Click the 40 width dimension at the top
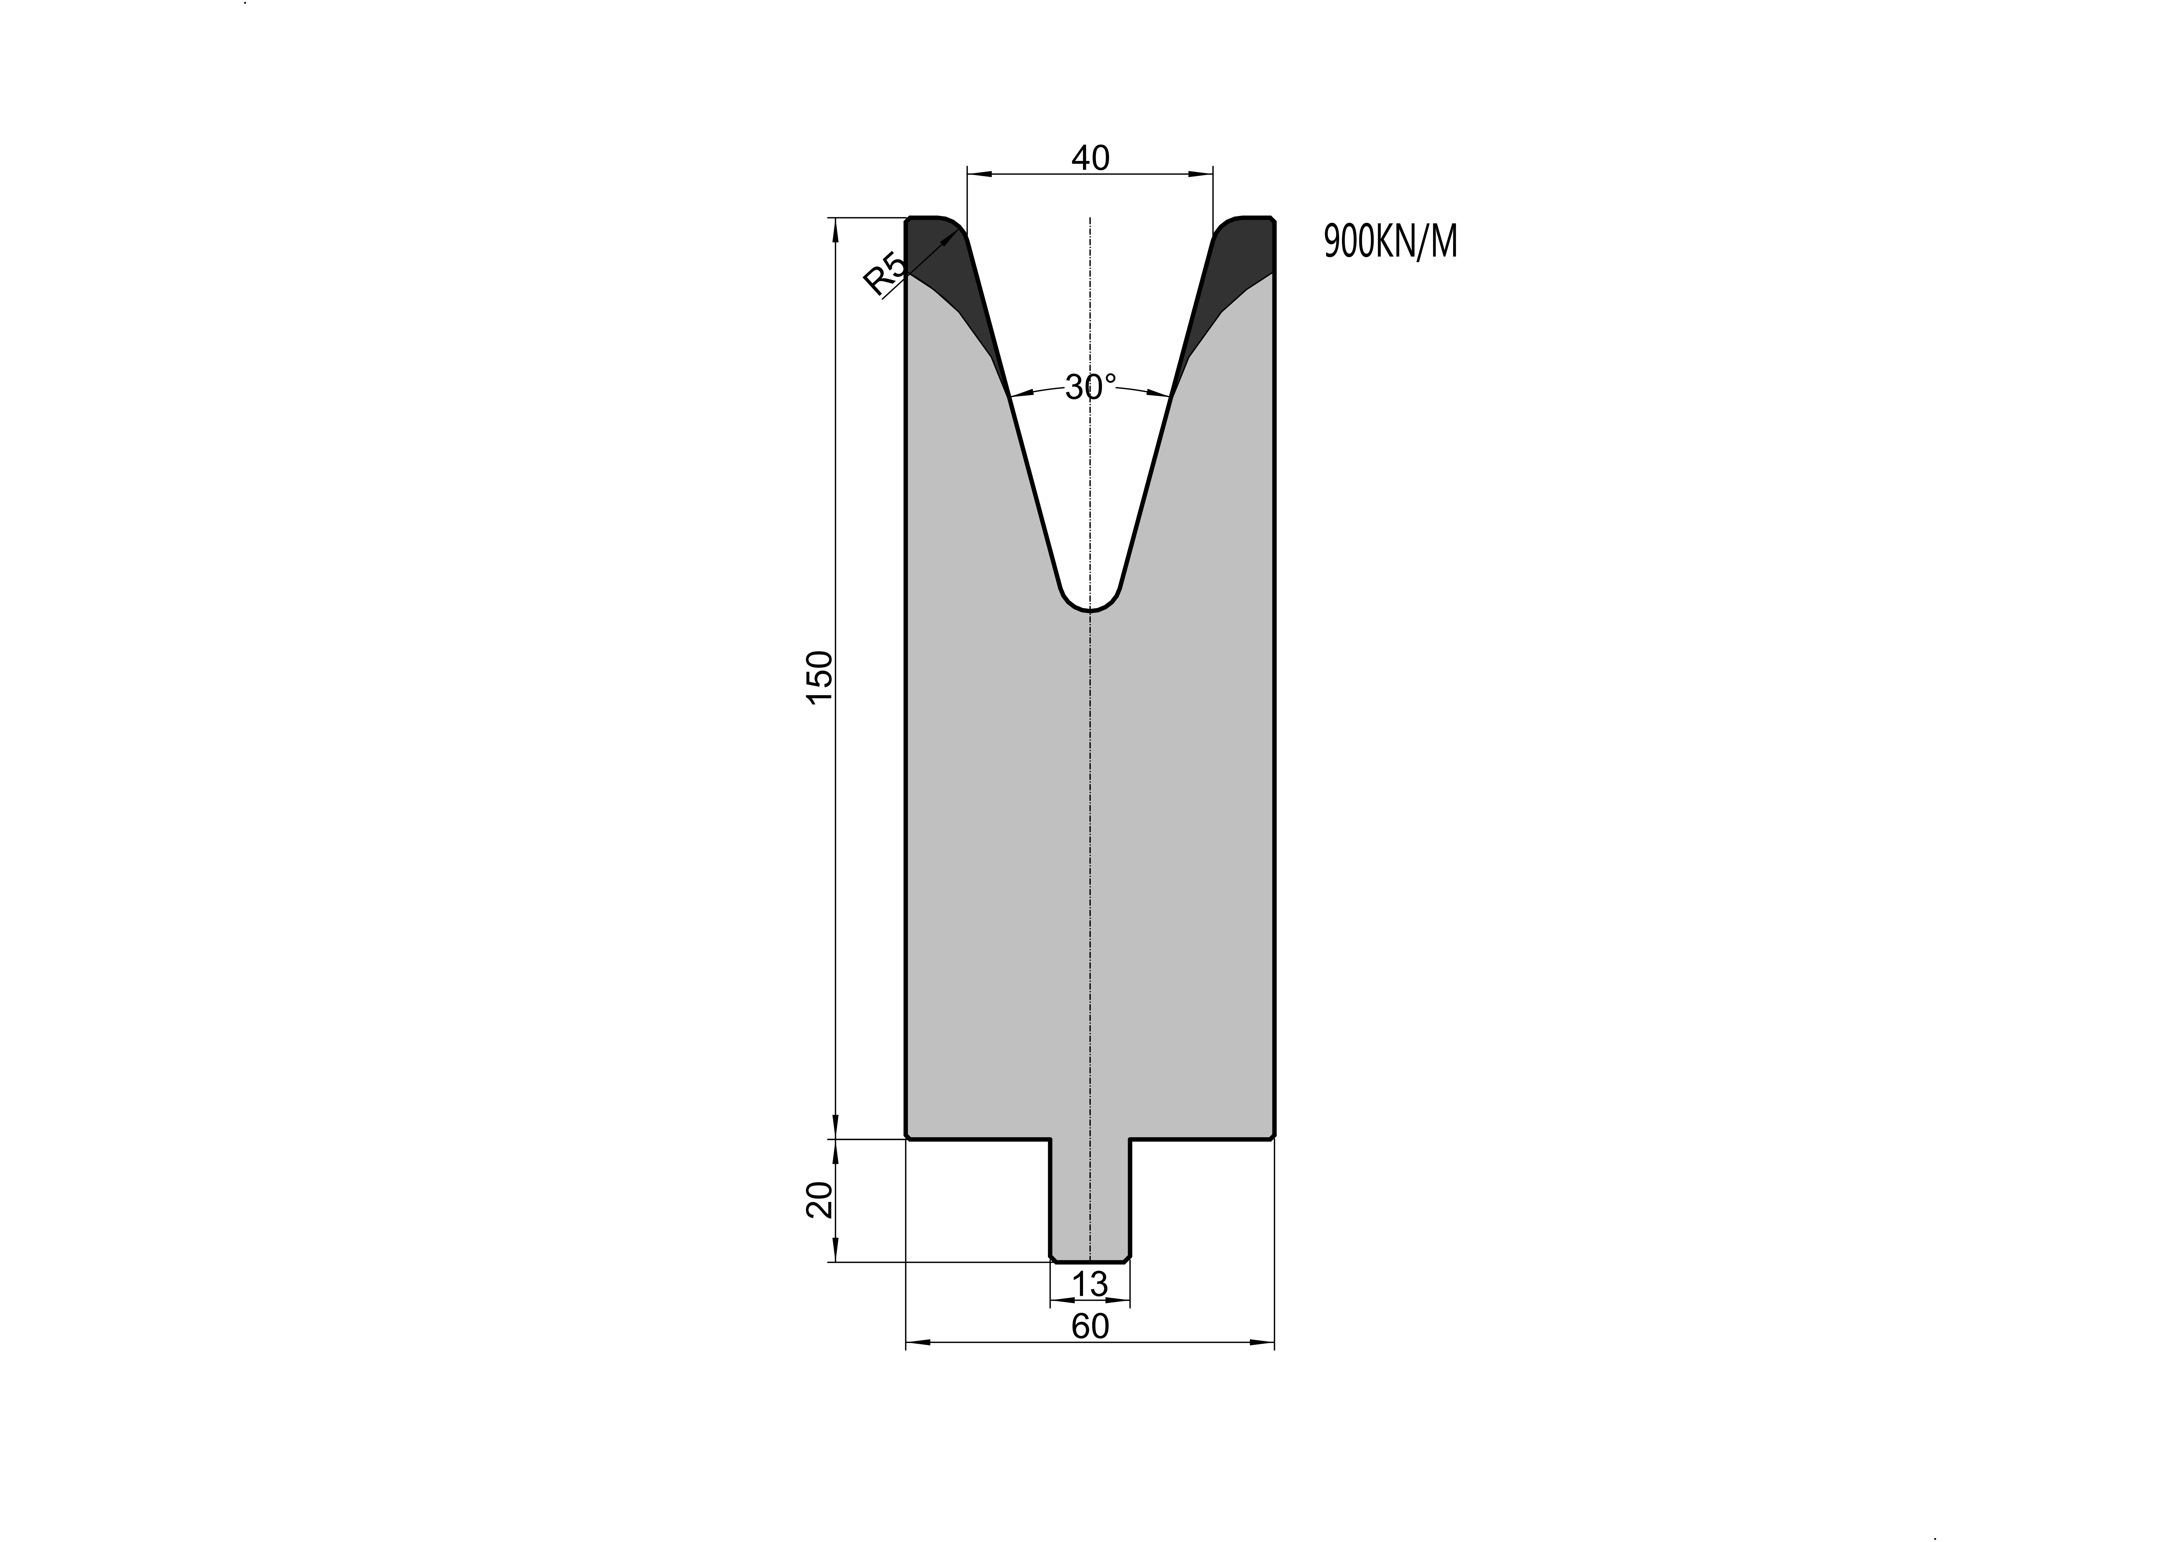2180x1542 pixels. [x=1090, y=158]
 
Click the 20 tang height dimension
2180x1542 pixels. [x=818, y=1200]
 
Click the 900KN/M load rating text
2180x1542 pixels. [x=1390, y=242]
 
